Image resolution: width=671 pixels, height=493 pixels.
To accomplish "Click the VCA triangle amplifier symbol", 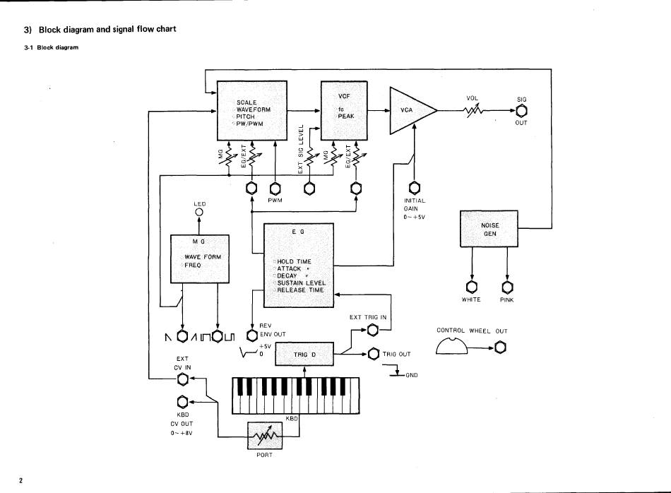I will (410, 110).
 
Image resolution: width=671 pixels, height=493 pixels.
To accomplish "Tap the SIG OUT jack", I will (522, 110).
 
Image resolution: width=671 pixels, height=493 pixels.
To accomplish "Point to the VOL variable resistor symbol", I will (473, 110).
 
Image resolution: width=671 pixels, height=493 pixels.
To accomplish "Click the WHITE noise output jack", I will (471, 286).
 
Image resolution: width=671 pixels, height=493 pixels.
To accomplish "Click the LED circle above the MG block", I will (199, 213).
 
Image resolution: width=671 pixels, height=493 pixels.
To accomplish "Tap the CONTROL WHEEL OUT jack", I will (500, 348).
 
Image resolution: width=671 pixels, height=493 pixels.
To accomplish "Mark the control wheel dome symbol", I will (452, 345).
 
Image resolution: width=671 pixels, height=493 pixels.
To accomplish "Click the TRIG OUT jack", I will (373, 354).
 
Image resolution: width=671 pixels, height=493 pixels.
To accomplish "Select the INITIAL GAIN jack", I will (414, 188).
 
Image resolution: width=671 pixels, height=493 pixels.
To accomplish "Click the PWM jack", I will (275, 189).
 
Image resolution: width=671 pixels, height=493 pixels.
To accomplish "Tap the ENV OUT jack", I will (252, 335).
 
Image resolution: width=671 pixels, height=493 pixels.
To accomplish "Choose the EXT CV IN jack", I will (182, 380).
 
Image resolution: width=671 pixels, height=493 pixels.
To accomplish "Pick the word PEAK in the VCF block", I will (346, 116).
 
